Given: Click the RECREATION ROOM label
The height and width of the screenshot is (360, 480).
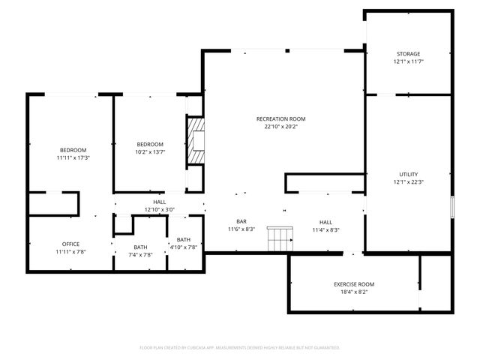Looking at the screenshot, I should pyautogui.click(x=280, y=118).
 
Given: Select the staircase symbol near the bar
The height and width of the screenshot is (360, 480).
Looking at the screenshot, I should pyautogui.click(x=279, y=239).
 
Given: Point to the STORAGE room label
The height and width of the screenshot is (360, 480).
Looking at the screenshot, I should pyautogui.click(x=408, y=54).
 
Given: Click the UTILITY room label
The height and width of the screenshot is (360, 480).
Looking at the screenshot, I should pyautogui.click(x=408, y=174).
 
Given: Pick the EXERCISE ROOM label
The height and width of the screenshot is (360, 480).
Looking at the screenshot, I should pyautogui.click(x=353, y=284).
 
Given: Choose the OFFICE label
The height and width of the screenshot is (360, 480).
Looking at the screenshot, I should pyautogui.click(x=70, y=244).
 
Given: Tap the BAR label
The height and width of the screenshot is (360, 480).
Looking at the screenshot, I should pyautogui.click(x=241, y=221).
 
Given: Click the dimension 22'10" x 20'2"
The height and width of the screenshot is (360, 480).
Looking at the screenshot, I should pyautogui.click(x=280, y=127).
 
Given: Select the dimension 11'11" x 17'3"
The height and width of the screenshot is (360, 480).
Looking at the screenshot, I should pyautogui.click(x=73, y=158).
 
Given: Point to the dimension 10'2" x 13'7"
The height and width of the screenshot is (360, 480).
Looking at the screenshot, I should pyautogui.click(x=149, y=152).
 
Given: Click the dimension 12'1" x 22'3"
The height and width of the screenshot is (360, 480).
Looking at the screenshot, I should pyautogui.click(x=408, y=182).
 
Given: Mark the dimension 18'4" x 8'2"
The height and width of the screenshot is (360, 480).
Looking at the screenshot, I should pyautogui.click(x=353, y=292).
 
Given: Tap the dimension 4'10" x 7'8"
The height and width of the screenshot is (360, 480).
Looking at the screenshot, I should pyautogui.click(x=184, y=247).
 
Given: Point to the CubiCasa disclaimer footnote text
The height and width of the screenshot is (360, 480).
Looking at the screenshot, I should pyautogui.click(x=239, y=348).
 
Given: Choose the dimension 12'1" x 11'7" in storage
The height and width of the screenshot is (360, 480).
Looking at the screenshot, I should pyautogui.click(x=408, y=62).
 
